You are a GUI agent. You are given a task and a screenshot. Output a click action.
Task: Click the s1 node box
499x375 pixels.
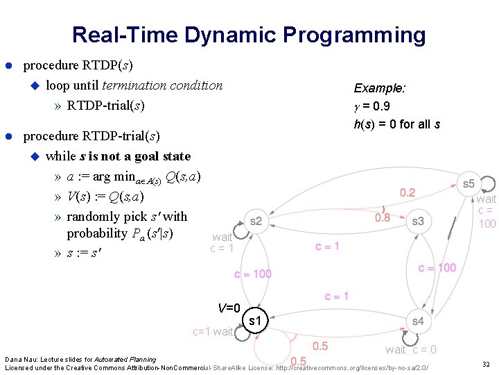[255, 322]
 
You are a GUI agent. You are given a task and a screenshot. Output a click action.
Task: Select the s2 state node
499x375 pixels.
[256, 221]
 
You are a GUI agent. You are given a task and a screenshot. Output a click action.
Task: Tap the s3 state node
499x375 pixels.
[417, 221]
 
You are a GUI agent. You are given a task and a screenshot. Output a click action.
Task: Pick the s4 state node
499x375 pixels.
[417, 321]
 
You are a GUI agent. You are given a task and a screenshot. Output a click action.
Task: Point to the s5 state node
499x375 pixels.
[469, 183]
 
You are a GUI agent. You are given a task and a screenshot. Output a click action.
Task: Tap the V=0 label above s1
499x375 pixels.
[229, 308]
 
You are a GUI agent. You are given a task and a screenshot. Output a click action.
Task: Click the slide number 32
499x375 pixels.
[484, 363]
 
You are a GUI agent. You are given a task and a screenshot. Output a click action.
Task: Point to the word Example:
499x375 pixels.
[380, 88]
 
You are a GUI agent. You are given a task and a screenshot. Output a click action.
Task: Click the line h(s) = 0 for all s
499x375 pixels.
[396, 124]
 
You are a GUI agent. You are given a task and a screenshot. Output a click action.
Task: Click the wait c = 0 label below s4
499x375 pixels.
[411, 349]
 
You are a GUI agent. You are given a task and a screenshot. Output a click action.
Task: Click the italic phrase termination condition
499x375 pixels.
[162, 85]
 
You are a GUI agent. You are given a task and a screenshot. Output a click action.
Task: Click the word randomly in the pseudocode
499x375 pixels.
[91, 216]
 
